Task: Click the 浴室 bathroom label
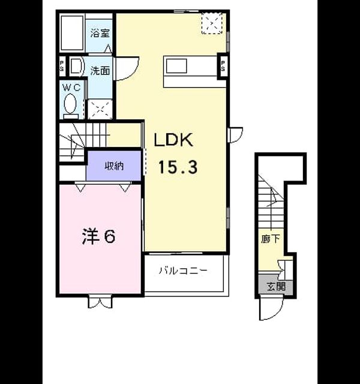[x=100, y=33]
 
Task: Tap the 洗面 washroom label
[x=100, y=71]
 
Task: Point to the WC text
[x=71, y=88]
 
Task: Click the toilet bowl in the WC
[x=70, y=104]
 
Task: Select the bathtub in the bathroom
[x=72, y=33]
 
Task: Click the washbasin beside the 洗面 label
[x=76, y=66]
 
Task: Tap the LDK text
[x=173, y=140]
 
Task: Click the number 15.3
[x=178, y=167]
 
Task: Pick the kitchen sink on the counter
[x=176, y=66]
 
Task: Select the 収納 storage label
[x=114, y=166]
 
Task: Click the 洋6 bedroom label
[x=98, y=236]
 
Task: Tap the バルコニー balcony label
[x=184, y=271]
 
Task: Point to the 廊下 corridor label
[x=271, y=239]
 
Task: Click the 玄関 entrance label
[x=276, y=286]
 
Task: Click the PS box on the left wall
[x=61, y=66]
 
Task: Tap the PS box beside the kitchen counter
[x=223, y=66]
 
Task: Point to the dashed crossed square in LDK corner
[x=212, y=23]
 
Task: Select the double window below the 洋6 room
[x=100, y=302]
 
